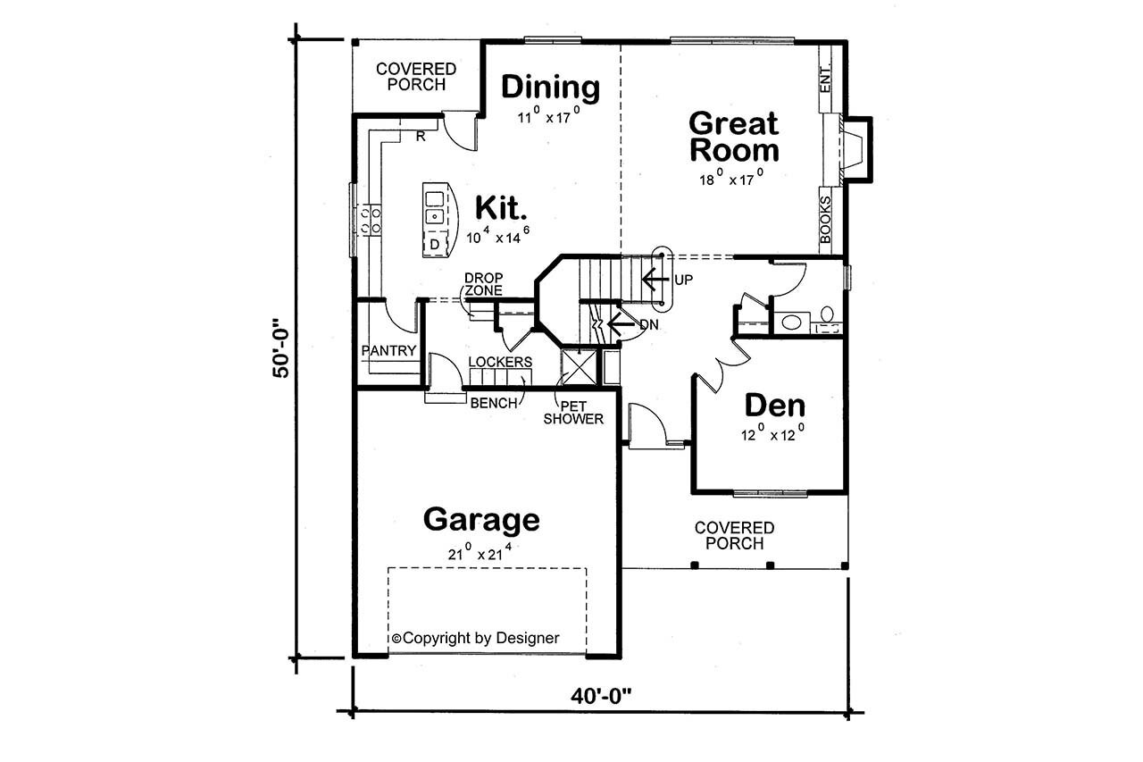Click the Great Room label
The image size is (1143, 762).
pyautogui.click(x=734, y=136)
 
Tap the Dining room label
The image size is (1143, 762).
pyautogui.click(x=549, y=88)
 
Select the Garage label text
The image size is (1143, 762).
pyautogui.click(x=481, y=519)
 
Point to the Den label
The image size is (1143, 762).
pyautogui.click(x=774, y=406)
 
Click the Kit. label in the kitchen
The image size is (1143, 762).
pyautogui.click(x=501, y=207)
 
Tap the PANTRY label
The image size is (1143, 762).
pyautogui.click(x=388, y=351)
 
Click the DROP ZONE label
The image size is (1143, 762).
pyautogui.click(x=482, y=284)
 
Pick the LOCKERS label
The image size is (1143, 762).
pyautogui.click(x=500, y=362)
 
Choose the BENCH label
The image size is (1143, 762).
pyautogui.click(x=493, y=403)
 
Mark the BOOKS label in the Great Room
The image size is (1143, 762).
pyautogui.click(x=825, y=220)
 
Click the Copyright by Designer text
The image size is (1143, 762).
pyautogui.click(x=476, y=638)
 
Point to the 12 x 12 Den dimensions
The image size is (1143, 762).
pyautogui.click(x=773, y=435)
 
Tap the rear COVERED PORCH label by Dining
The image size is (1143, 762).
pyautogui.click(x=415, y=77)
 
